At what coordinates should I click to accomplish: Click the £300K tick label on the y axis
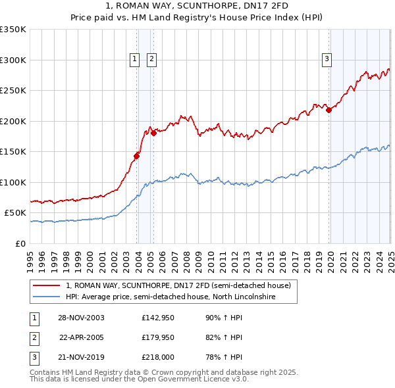13,60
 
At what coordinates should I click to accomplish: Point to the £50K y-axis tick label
15,213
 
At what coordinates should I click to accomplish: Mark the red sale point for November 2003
137,156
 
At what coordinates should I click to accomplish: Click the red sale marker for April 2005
153,133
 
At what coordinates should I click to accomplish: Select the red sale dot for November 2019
329,110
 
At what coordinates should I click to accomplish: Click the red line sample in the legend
47,286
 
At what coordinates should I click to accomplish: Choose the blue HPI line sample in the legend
47,297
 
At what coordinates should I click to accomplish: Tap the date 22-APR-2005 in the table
82,338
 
